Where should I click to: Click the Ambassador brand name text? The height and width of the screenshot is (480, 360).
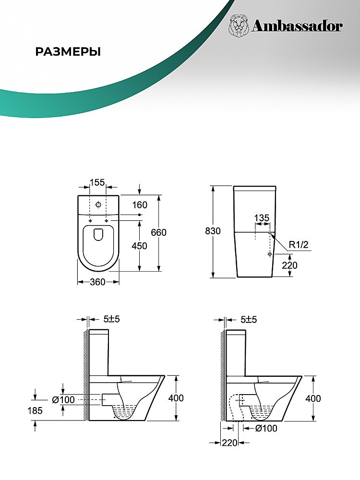297,26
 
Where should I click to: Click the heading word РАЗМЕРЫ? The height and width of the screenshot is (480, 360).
68,52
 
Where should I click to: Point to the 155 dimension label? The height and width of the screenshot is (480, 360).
97,182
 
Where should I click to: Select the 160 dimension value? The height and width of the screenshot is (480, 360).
140,205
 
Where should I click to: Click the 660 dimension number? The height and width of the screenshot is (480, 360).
158,232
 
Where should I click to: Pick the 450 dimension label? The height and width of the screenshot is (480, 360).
139,246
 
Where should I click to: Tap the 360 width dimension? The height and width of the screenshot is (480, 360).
97,282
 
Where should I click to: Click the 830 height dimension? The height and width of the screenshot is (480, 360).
213,231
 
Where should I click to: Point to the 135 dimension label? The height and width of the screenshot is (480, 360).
262,217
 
